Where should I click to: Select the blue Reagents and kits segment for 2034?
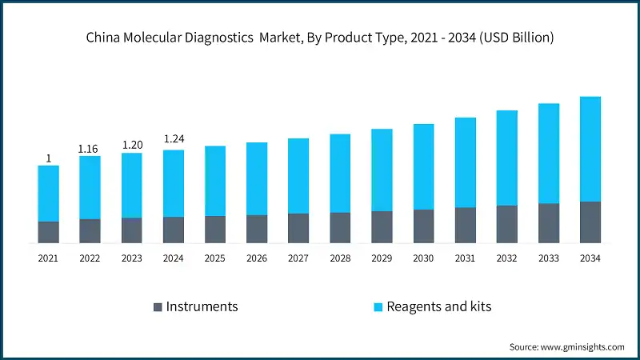pyautogui.click(x=590, y=149)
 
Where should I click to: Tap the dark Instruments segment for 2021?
pyautogui.click(x=48, y=232)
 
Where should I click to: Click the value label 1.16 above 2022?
pyautogui.click(x=90, y=149)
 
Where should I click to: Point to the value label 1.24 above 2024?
pyautogui.click(x=174, y=139)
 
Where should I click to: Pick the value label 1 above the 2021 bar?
pyautogui.click(x=48, y=158)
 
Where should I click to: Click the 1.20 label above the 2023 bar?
pyautogui.click(x=132, y=145)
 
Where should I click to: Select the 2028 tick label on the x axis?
pyautogui.click(x=340, y=258)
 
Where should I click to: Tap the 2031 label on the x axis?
pyautogui.click(x=465, y=258)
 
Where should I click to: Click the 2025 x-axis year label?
pyautogui.click(x=215, y=258)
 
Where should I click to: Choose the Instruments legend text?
pyautogui.click(x=202, y=306)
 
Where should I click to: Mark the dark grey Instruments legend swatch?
pyautogui.click(x=158, y=307)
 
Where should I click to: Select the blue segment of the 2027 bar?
pyautogui.click(x=298, y=176)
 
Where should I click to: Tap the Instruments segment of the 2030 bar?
pyautogui.click(x=423, y=226)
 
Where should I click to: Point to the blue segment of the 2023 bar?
pyautogui.click(x=132, y=186)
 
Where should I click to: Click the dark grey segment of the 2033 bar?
pyautogui.click(x=548, y=223)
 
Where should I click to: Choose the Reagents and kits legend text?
pyautogui.click(x=438, y=306)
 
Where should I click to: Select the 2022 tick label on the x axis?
pyautogui.click(x=90, y=258)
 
